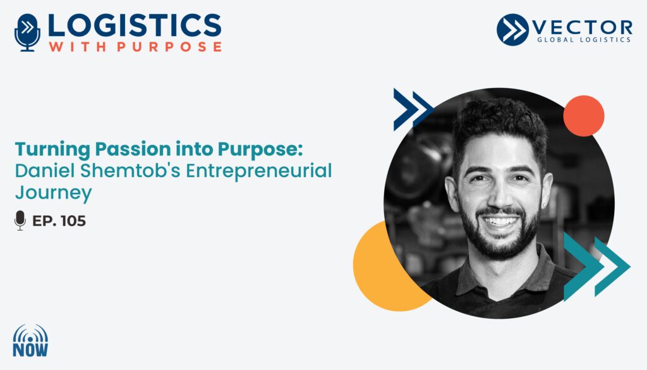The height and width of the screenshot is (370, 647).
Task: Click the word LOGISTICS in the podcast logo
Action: tap(135, 25)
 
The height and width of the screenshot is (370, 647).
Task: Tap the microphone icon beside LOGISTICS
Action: tap(27, 33)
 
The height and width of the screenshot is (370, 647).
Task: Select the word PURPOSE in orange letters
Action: tap(169, 47)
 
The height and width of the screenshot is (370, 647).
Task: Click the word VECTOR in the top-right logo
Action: tap(583, 28)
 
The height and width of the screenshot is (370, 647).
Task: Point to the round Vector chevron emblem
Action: tap(512, 30)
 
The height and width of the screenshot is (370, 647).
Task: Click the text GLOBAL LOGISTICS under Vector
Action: tap(584, 40)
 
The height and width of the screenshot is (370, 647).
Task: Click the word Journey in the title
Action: tap(53, 194)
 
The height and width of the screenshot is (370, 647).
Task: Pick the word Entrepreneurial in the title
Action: tap(259, 171)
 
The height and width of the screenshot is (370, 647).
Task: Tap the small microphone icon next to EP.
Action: tap(20, 220)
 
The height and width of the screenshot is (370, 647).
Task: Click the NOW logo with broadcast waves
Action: tap(30, 340)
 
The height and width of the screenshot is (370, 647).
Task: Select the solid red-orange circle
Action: tap(583, 116)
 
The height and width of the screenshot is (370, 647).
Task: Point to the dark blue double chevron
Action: tap(413, 109)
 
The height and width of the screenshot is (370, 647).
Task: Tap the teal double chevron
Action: tap(596, 266)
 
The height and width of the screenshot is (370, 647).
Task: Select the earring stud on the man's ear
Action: tap(545, 205)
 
